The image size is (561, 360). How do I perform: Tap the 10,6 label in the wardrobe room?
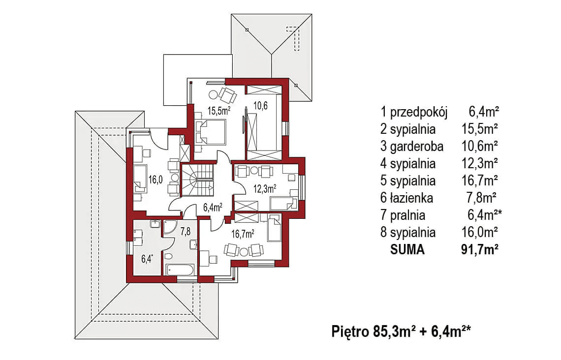[x=261, y=105]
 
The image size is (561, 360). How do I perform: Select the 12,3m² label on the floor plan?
[x=264, y=188]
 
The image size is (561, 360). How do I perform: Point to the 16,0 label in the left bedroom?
[x=156, y=180]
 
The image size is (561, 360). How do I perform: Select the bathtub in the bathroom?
[x=180, y=270]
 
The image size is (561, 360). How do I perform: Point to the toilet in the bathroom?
[x=168, y=257]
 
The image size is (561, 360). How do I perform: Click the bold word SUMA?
[x=407, y=249]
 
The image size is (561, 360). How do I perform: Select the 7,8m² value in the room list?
[x=480, y=198]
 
